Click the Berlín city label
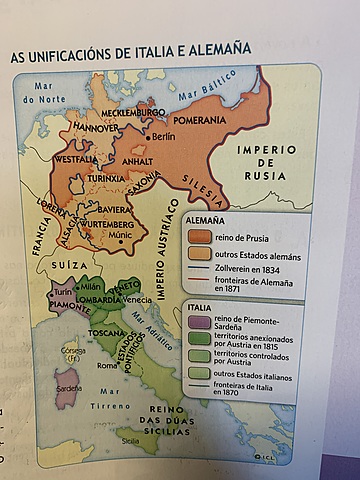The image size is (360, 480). tap(163, 136)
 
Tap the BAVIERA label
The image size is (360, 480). tap(117, 209)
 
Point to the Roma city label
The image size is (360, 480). tap(108, 365)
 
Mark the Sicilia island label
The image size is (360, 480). tap(130, 440)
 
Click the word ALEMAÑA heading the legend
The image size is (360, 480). tap(206, 218)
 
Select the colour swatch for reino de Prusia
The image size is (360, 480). tap(199, 236)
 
